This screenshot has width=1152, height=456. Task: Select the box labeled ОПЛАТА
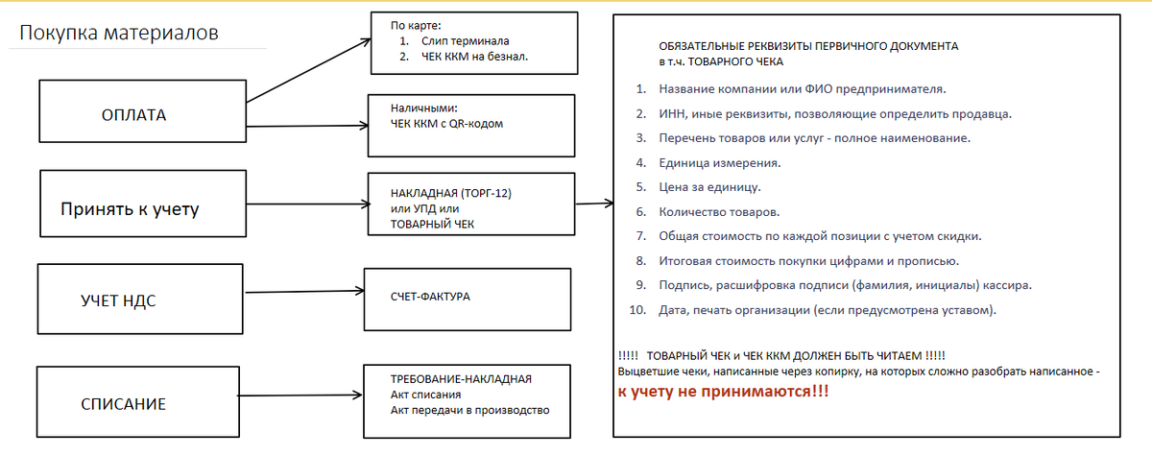(134, 115)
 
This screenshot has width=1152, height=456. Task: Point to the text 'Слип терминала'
(465, 42)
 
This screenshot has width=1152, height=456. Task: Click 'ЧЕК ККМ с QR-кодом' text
(447, 124)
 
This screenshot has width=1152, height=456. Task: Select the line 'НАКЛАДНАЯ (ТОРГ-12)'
(451, 193)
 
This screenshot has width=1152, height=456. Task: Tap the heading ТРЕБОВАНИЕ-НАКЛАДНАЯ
(461, 379)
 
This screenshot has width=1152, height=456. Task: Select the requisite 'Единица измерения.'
(720, 162)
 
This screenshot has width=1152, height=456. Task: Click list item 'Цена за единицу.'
(709, 187)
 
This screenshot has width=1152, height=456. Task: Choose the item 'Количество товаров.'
(719, 211)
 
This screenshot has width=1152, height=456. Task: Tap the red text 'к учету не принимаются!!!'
(723, 393)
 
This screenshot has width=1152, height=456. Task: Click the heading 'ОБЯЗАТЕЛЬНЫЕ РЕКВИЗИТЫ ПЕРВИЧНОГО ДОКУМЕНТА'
(807, 46)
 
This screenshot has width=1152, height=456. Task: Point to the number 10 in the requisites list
(638, 310)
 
